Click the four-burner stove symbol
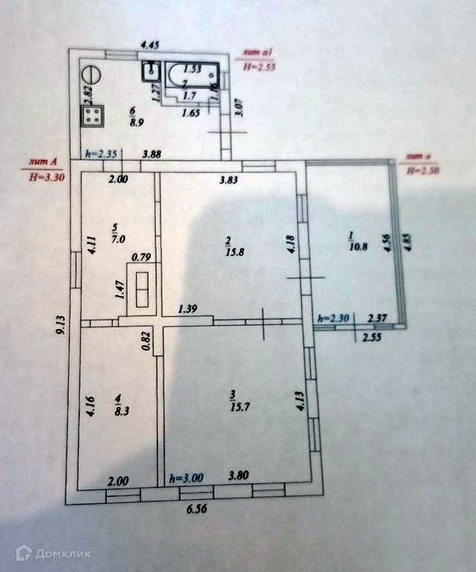(x=93, y=118)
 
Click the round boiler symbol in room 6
(x=91, y=73)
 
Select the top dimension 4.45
(x=149, y=45)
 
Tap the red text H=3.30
(x=46, y=178)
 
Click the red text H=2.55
(x=259, y=69)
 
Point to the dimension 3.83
(x=227, y=180)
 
